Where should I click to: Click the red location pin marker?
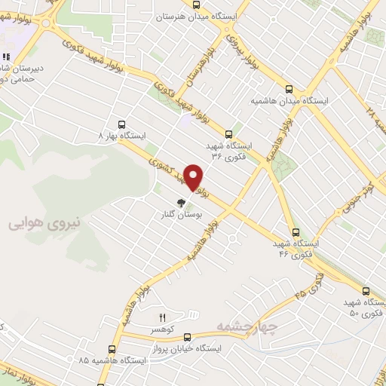(194, 178)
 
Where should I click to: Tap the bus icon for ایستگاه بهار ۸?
(121, 125)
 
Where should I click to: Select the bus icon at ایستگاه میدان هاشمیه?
(290, 87)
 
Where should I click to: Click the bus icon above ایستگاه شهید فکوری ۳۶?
(229, 133)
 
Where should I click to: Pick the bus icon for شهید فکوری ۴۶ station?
(295, 233)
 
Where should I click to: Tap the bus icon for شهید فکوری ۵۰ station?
(366, 291)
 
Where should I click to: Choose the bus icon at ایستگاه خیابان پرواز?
(187, 338)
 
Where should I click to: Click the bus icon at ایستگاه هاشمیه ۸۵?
(112, 349)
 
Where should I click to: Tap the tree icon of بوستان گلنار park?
(180, 202)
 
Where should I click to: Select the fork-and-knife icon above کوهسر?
(161, 317)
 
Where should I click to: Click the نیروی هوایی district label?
(38, 223)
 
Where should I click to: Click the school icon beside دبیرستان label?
(5, 57)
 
